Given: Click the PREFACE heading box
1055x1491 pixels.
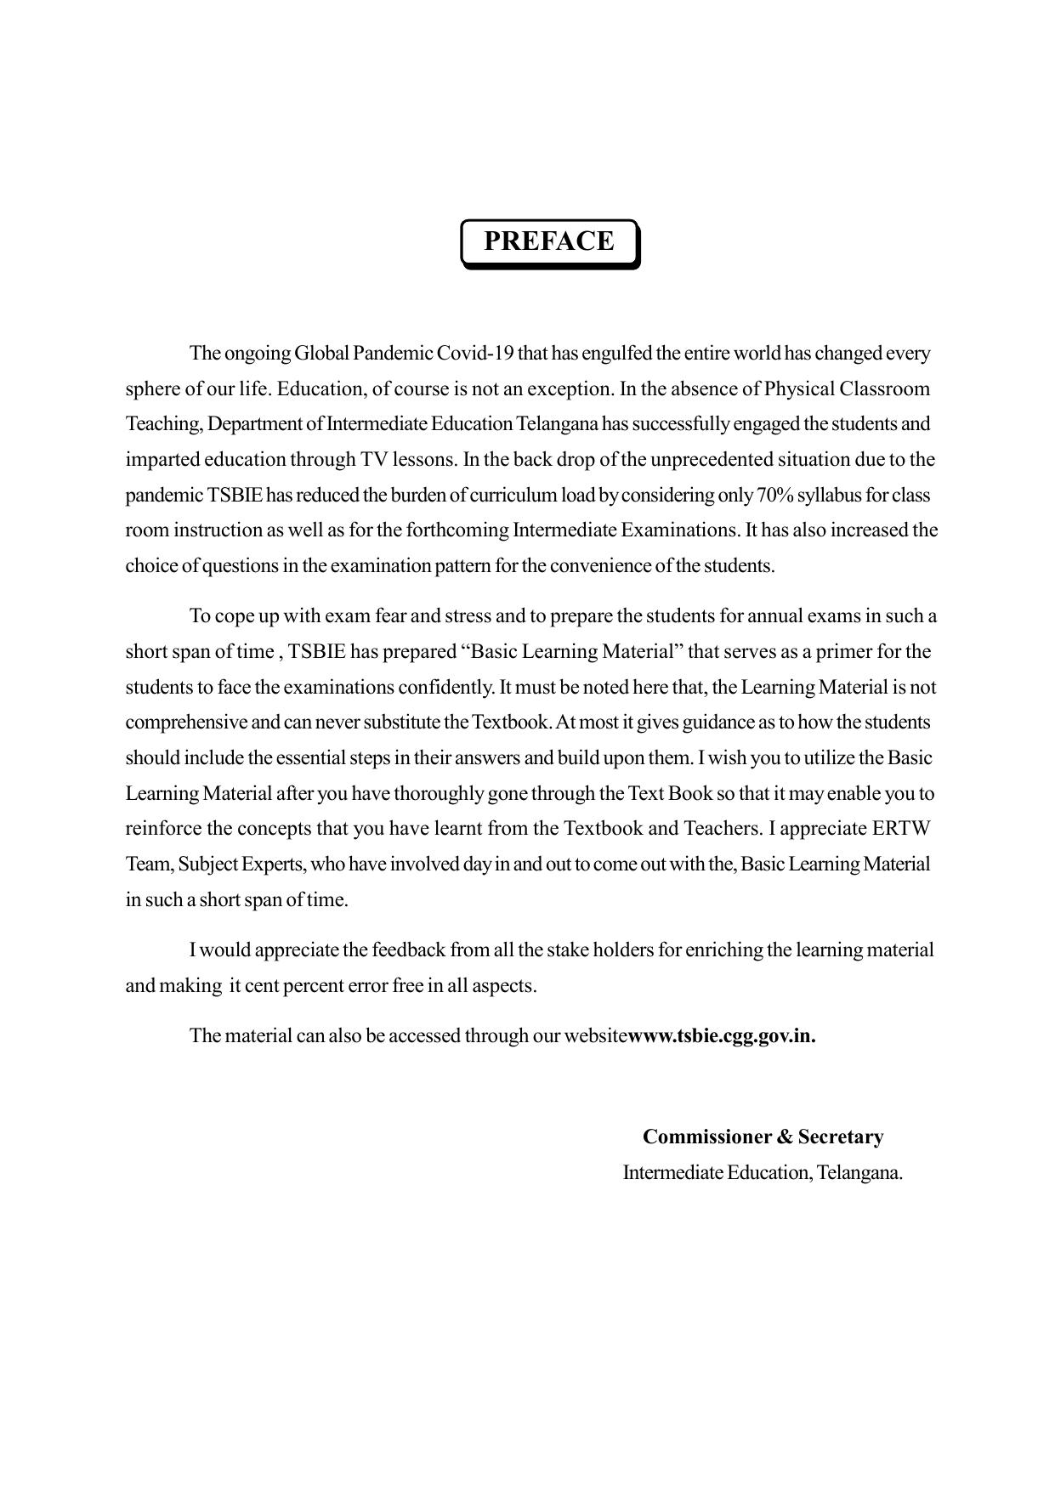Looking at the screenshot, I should point(549,242).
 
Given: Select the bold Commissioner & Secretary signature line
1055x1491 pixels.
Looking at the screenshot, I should point(763,1137).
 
